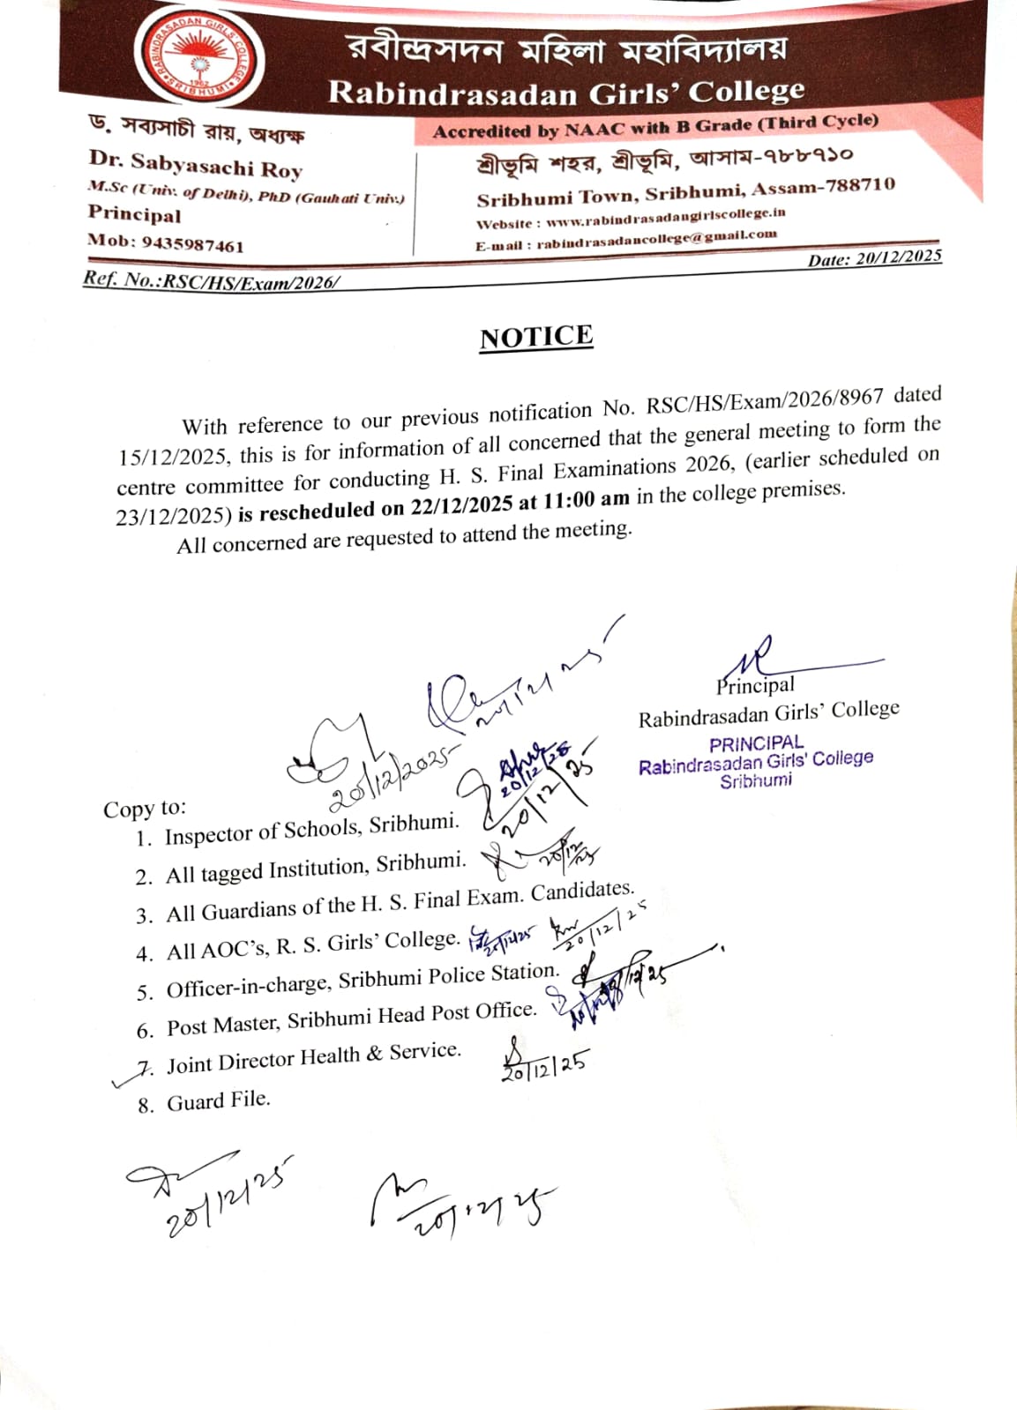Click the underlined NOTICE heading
tap(536, 337)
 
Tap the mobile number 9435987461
tap(193, 244)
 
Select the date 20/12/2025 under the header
tap(898, 257)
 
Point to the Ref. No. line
tap(211, 280)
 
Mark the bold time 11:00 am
tap(587, 499)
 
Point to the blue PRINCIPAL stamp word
tap(756, 743)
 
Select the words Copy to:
tap(145, 809)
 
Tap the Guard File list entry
tap(218, 1101)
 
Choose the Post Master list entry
tap(351, 1018)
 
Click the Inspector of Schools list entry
tap(311, 829)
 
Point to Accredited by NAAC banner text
tap(655, 126)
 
